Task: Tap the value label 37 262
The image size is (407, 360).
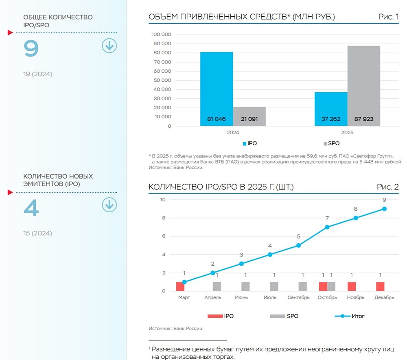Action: tap(331, 120)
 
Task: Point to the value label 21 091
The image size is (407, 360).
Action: tap(249, 120)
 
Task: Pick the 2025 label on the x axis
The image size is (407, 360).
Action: tap(348, 133)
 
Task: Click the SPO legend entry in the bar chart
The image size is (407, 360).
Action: tap(331, 144)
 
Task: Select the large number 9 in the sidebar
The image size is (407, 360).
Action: tap(31, 49)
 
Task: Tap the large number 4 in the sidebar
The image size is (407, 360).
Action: tap(31, 208)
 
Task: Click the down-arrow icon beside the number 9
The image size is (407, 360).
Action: tap(109, 46)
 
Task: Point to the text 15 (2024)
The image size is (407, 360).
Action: tap(38, 233)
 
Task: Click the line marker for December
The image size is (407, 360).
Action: tap(385, 209)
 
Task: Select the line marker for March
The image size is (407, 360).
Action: tap(184, 282)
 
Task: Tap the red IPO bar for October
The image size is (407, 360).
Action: tap(323, 286)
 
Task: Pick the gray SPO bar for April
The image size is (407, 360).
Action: tap(217, 286)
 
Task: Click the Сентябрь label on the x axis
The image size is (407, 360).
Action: tap(298, 298)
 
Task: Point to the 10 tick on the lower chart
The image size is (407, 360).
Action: tap(163, 200)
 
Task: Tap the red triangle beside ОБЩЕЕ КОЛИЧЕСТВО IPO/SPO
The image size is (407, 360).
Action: tap(10, 33)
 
